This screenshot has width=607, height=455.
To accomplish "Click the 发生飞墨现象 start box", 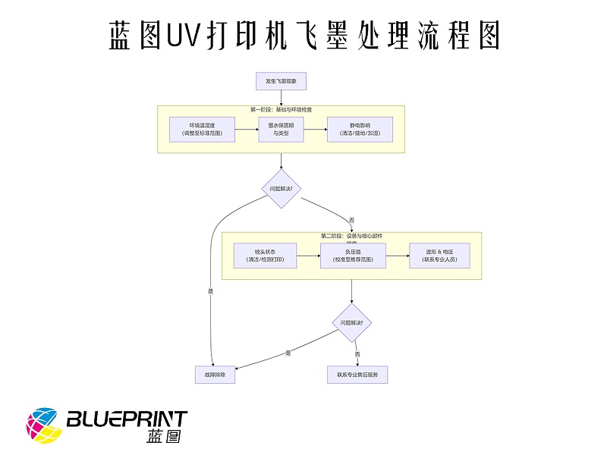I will tap(281, 80).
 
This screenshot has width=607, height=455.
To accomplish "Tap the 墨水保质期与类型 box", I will tap(281, 129).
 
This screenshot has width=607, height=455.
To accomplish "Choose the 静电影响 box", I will tap(360, 129).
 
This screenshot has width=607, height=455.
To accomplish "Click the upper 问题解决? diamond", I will tap(281, 187).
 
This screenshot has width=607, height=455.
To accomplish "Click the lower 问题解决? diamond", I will tap(351, 322).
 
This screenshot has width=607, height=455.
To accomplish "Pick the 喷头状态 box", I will tap(265, 256).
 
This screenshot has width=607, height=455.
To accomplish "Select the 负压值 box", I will tap(351, 256).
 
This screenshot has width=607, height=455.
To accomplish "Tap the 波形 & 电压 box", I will tap(440, 256).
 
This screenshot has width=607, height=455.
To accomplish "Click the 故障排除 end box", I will tap(215, 374).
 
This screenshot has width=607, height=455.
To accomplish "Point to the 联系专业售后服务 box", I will tap(357, 374).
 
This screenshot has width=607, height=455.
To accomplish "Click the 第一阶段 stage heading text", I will tap(281, 110).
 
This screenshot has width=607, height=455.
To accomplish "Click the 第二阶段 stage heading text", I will tap(351, 236).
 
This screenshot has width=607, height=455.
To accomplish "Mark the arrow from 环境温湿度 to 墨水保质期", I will tap(246, 129).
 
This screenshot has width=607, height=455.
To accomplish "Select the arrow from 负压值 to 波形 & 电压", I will tap(397, 256).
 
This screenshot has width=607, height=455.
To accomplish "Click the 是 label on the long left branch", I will tap(210, 290).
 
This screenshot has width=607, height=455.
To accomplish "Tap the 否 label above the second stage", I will tap(351, 220).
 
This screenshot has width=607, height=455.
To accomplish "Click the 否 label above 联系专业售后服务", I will tap(357, 353).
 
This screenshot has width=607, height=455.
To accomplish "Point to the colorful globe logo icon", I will tap(44, 425).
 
